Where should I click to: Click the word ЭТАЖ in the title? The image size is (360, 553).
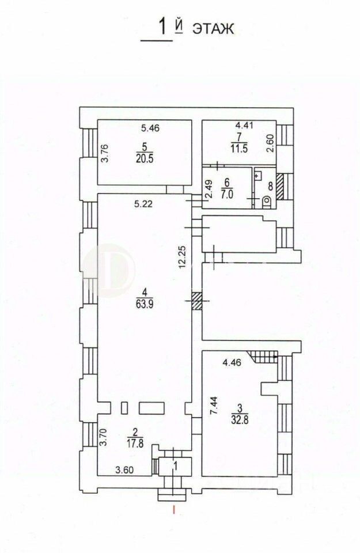[x=213, y=29]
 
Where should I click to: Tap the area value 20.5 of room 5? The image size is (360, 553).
[x=145, y=159]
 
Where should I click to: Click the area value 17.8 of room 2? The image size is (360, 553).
[x=134, y=443]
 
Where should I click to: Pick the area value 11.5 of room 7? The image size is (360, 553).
[x=239, y=149]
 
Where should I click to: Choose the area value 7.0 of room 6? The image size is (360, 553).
[x=227, y=194]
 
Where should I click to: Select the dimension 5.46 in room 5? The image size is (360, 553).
[x=150, y=128]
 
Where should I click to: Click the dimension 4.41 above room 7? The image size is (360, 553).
[x=244, y=125]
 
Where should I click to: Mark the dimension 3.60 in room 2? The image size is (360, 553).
[x=125, y=470]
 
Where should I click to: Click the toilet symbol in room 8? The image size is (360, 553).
[x=267, y=202]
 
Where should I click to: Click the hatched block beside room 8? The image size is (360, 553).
[x=280, y=187]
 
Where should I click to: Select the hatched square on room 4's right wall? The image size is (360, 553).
[x=197, y=301]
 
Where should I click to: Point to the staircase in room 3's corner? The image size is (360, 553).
[x=263, y=357]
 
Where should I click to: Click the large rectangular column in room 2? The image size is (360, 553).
[x=152, y=408]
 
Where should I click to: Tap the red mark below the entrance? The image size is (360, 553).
[x=173, y=509]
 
